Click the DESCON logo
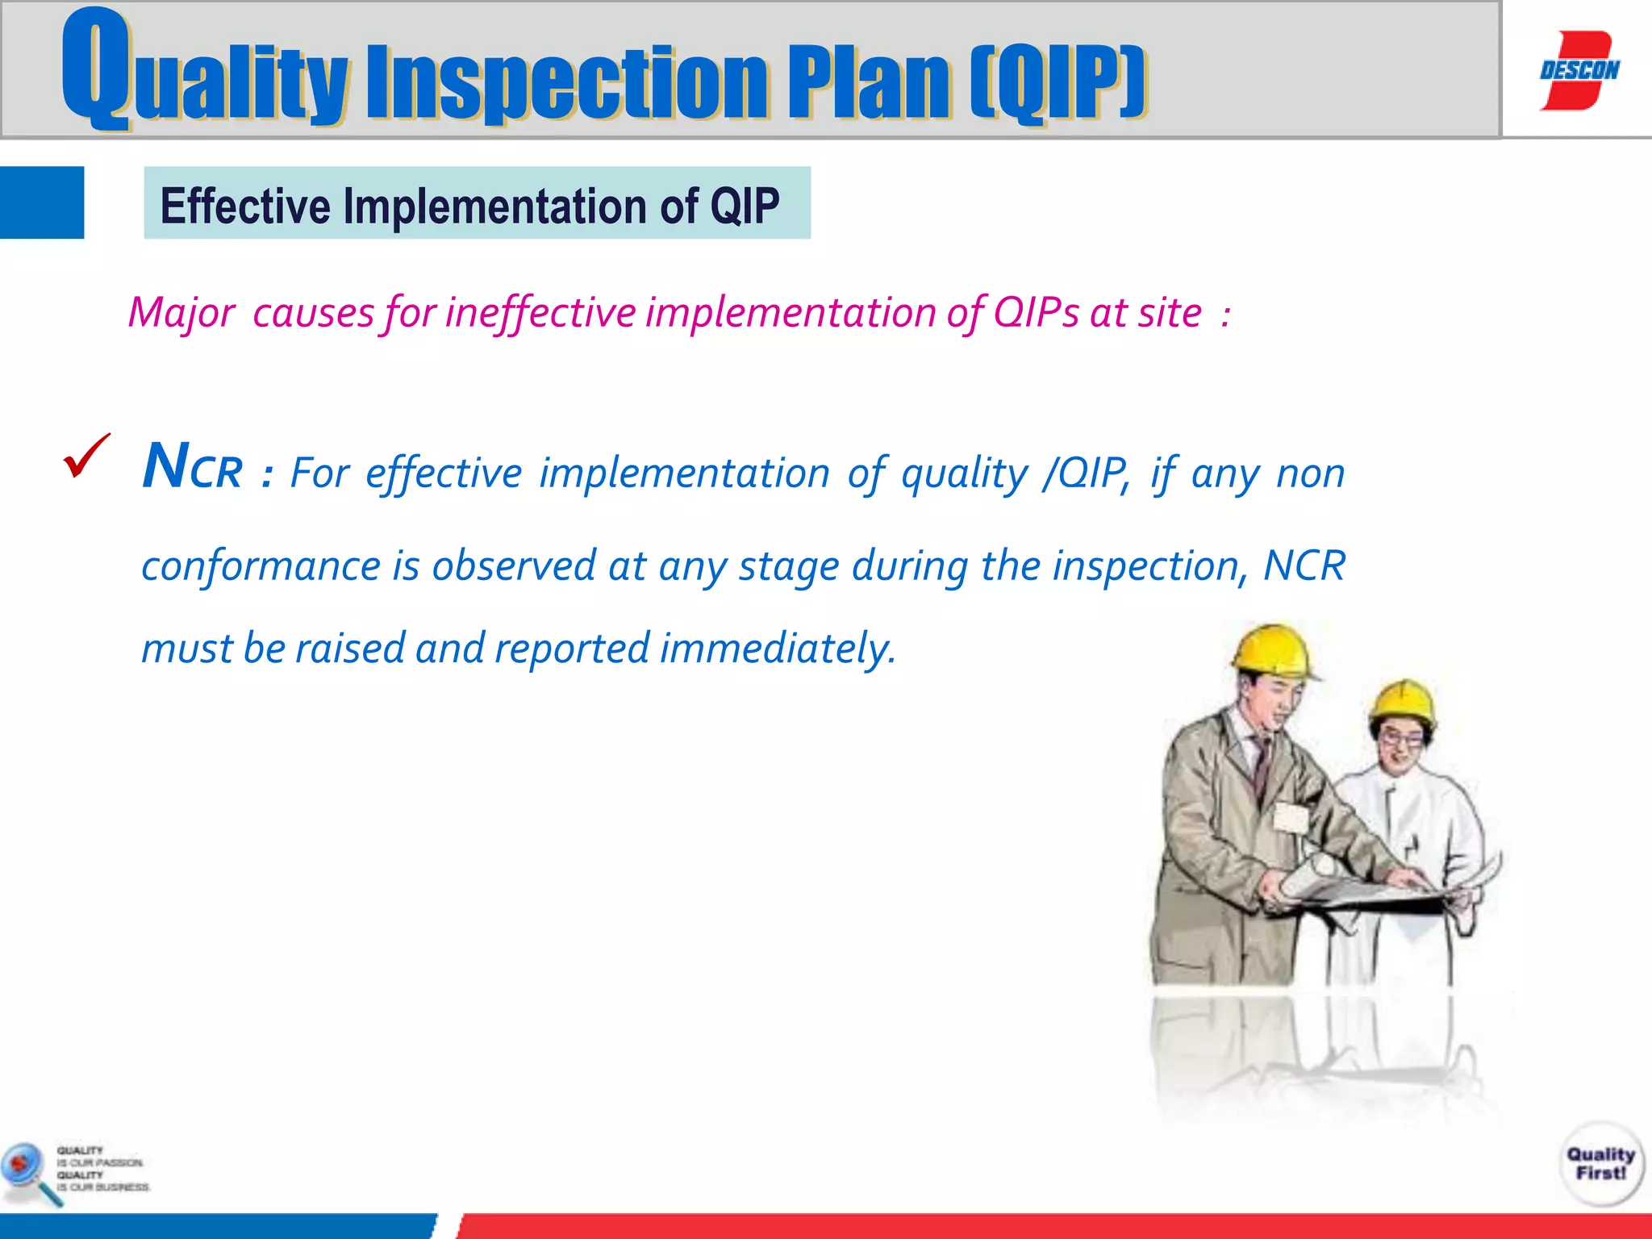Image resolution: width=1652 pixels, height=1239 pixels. coord(1579,70)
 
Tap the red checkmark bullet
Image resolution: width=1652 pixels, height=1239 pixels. coord(86,456)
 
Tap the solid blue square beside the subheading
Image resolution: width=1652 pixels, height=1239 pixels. coord(42,202)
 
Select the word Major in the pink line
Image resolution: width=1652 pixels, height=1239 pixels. coord(181,313)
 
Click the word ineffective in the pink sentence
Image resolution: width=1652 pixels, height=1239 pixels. coord(540,313)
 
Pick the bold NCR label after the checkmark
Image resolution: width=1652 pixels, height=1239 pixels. coord(192,468)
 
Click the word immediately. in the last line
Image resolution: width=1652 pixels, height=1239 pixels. coord(778,649)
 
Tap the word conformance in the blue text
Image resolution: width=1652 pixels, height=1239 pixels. coord(261,565)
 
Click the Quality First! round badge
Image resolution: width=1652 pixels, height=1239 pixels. coord(1600,1164)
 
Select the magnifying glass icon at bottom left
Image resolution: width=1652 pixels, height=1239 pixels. coord(28,1171)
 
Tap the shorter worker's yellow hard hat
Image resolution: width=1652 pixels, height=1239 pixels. coord(1404,701)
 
